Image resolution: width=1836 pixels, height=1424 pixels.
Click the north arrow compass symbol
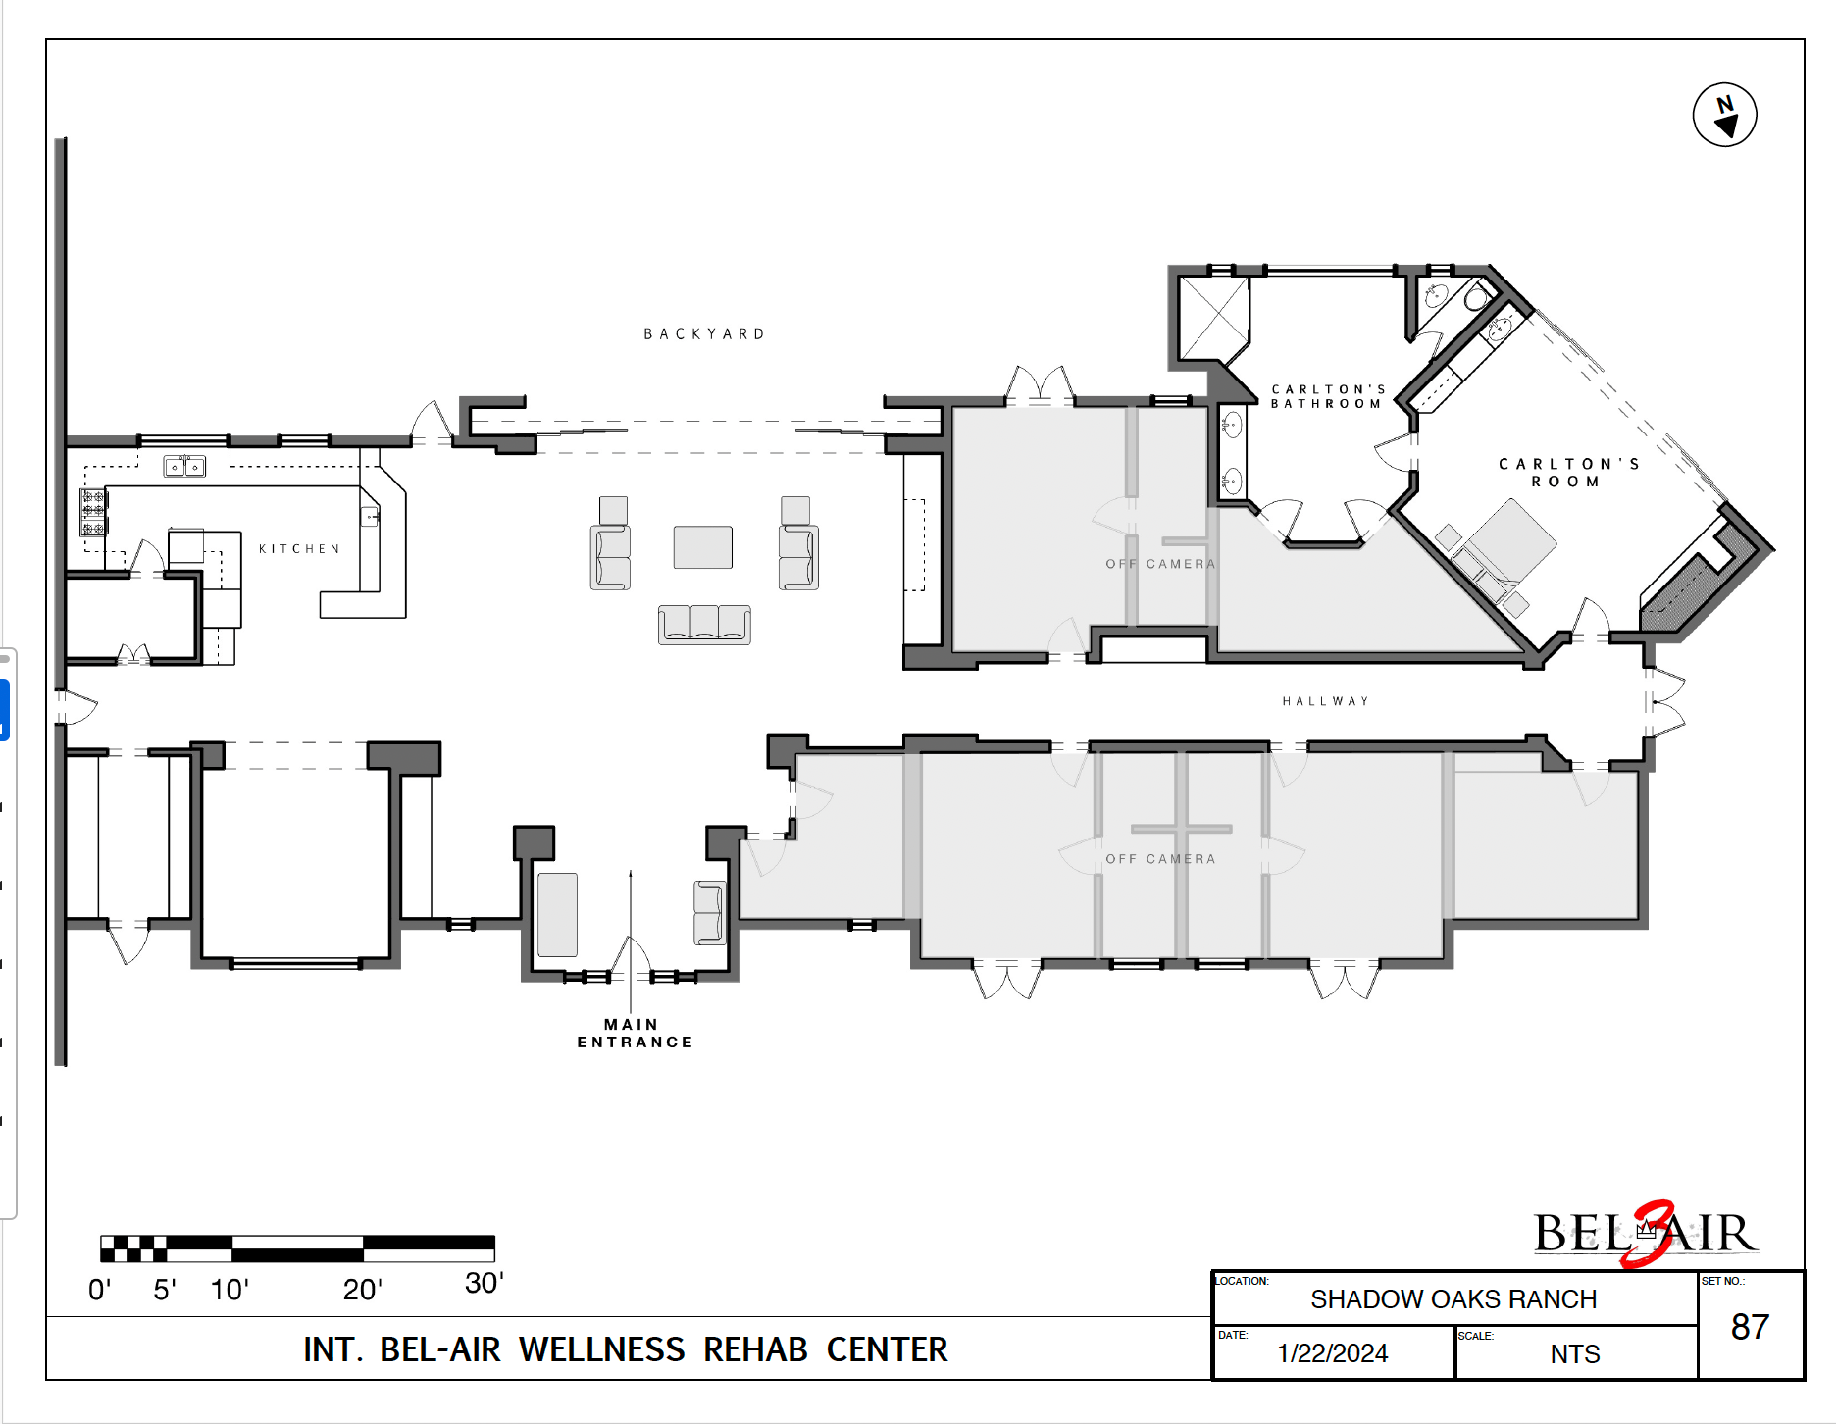(1724, 115)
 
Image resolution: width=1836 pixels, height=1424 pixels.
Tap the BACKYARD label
(704, 334)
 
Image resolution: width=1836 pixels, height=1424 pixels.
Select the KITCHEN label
(299, 549)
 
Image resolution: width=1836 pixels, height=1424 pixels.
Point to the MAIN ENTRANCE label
(635, 1034)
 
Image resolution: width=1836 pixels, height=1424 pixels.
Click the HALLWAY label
(1325, 701)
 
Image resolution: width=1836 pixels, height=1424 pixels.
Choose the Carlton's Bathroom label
(1328, 396)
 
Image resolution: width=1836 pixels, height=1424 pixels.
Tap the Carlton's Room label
(1568, 473)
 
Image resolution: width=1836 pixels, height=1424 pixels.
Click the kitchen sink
(184, 466)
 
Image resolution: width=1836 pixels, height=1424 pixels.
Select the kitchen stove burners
(93, 513)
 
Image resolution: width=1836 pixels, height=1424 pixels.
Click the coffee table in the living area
(702, 547)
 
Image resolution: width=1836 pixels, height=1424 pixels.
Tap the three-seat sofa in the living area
(704, 625)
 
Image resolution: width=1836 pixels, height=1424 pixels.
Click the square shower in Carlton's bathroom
(1214, 318)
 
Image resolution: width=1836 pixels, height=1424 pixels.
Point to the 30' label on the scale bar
(484, 1283)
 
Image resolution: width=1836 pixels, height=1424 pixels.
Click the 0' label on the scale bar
(99, 1290)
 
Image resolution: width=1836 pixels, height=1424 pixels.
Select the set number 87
(1750, 1327)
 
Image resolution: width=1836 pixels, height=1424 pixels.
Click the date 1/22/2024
(1332, 1353)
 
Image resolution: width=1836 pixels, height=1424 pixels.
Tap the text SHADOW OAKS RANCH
(1453, 1299)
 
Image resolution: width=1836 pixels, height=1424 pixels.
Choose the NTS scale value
(1575, 1354)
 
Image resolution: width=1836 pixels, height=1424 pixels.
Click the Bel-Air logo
(1646, 1234)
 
